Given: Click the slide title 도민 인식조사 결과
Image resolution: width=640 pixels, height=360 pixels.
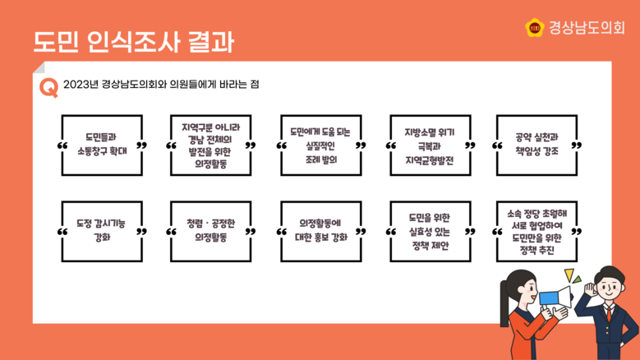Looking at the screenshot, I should click(x=133, y=41).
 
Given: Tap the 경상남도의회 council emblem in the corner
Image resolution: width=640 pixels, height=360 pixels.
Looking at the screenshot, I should click(x=534, y=28).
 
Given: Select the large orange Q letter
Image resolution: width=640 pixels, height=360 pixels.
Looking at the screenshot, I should click(x=48, y=87).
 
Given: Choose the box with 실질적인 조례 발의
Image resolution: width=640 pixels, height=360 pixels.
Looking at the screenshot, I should click(x=320, y=145).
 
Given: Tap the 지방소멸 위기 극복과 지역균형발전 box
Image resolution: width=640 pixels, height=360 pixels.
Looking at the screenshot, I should click(x=430, y=145).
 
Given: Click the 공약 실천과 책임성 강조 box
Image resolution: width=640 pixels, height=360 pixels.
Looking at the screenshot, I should click(x=538, y=145).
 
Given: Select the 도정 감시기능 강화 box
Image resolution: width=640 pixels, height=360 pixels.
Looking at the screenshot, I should click(x=102, y=231).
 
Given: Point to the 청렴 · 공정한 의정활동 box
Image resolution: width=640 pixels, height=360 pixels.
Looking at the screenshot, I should click(x=211, y=231).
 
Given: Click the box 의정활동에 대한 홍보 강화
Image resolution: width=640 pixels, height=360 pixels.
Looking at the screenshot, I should click(x=320, y=231).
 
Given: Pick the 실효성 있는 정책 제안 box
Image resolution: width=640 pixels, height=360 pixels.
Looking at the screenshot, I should click(x=430, y=231).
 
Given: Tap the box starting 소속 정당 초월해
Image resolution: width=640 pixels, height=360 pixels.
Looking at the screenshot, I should click(x=538, y=231).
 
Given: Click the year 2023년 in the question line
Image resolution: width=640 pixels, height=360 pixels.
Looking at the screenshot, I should click(x=81, y=85).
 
